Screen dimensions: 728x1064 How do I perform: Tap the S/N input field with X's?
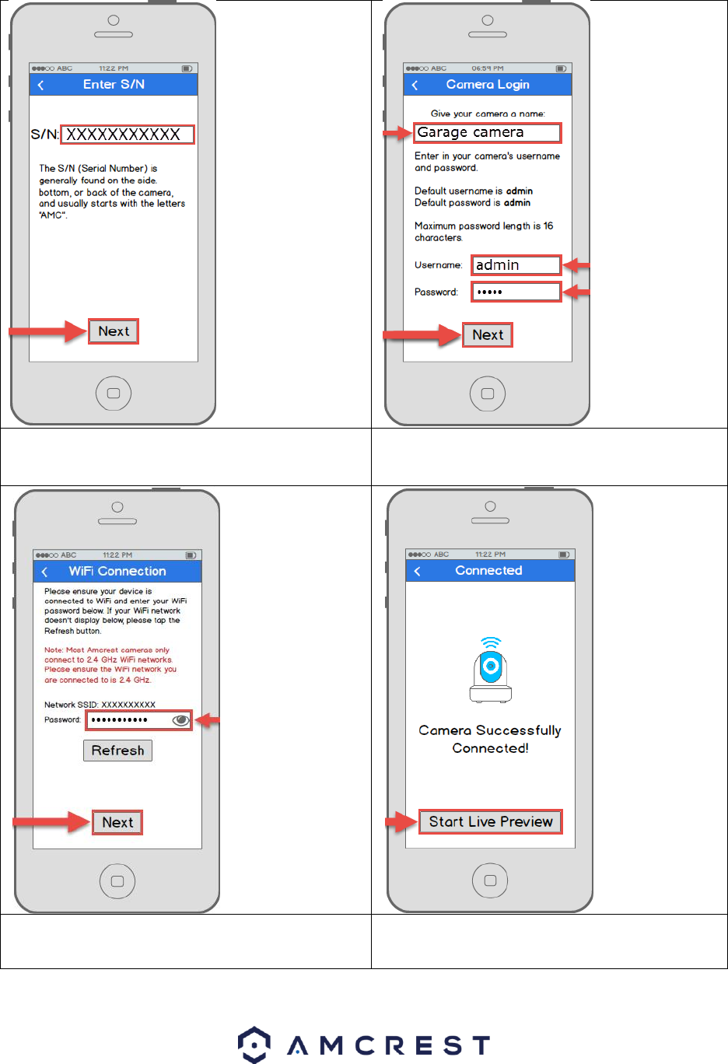point(128,135)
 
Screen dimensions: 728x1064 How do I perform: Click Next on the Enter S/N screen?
point(114,331)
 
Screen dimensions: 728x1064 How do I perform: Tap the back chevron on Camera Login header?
point(415,85)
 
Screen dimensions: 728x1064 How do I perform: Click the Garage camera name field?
point(487,133)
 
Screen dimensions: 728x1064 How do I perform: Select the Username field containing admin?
point(516,265)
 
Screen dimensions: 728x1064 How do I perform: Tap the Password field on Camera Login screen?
point(516,292)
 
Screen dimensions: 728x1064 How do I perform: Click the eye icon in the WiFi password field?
point(180,720)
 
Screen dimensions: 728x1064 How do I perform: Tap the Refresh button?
point(117,751)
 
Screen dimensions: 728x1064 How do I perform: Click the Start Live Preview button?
point(490,822)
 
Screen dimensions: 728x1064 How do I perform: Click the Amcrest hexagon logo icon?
point(254,1044)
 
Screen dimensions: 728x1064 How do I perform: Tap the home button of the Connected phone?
point(490,880)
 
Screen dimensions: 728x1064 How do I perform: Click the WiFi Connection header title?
point(117,572)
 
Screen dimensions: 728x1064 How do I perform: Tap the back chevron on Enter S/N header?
point(41,85)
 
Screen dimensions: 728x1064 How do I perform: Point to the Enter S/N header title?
point(114,85)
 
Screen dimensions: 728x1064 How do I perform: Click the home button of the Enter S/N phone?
point(114,393)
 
